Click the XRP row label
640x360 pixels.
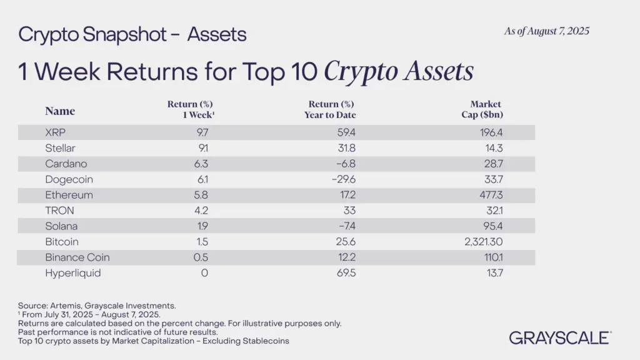click(x=56, y=132)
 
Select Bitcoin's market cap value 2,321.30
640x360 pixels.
click(x=481, y=242)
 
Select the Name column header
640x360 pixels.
click(x=60, y=111)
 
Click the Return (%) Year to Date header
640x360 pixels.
click(x=332, y=109)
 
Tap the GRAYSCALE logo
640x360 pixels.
click(x=560, y=337)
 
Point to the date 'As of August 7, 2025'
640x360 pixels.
click(x=546, y=31)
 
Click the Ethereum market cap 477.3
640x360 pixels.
click(x=490, y=195)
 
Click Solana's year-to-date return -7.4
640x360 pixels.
click(x=346, y=226)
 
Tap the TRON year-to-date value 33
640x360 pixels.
click(x=350, y=211)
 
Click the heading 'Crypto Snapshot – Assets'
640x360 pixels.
click(x=132, y=34)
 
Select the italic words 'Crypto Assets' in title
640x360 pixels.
click(x=397, y=72)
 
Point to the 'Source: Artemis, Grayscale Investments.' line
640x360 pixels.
click(x=97, y=306)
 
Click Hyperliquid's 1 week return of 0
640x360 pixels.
click(x=204, y=273)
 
